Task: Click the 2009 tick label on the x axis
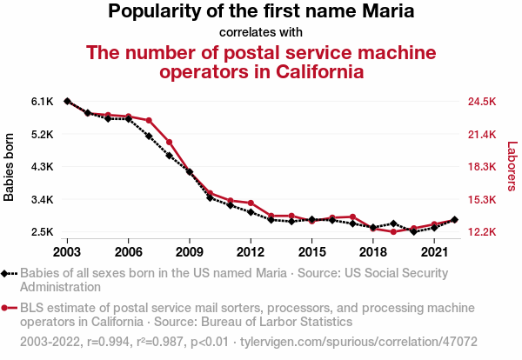point(189,252)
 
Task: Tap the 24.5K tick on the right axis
point(481,102)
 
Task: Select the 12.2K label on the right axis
point(481,232)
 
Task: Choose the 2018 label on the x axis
point(372,252)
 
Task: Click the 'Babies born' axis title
point(10,167)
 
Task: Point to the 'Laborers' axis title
point(512,167)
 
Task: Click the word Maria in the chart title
point(383,12)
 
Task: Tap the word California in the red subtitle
point(309,71)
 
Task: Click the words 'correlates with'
point(261,33)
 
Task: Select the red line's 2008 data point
point(169,142)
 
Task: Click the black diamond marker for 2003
point(67,102)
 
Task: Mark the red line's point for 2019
point(393,232)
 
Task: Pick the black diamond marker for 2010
point(210,198)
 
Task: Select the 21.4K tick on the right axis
point(481,134)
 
